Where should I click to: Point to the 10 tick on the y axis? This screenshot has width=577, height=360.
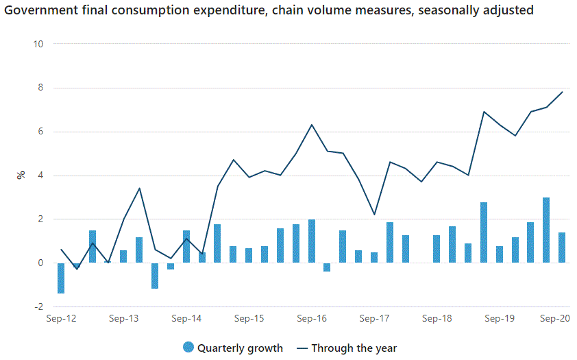pyautogui.click(x=38, y=44)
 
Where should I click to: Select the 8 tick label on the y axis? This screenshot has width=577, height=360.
pyautogui.click(x=40, y=88)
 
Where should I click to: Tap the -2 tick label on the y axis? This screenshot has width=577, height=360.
pyautogui.click(x=38, y=307)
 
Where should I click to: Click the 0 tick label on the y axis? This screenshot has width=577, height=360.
pyautogui.click(x=40, y=263)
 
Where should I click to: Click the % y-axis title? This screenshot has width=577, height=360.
pyautogui.click(x=21, y=175)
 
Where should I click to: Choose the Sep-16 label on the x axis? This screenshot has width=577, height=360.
pyautogui.click(x=312, y=319)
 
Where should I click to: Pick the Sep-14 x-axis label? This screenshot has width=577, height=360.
pyautogui.click(x=186, y=319)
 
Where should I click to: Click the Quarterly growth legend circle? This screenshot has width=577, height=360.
pyautogui.click(x=188, y=348)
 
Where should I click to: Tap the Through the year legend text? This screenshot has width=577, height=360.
pyautogui.click(x=354, y=348)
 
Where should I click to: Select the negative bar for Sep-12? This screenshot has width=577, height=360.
pyautogui.click(x=61, y=278)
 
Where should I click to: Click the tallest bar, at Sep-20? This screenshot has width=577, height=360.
pyautogui.click(x=546, y=230)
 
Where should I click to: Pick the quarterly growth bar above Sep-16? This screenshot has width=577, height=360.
pyautogui.click(x=312, y=241)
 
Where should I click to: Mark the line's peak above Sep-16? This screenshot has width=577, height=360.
pyautogui.click(x=312, y=125)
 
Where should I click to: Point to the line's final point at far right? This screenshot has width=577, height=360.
pyautogui.click(x=563, y=92)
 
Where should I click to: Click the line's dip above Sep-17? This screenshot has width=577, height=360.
pyautogui.click(x=374, y=215)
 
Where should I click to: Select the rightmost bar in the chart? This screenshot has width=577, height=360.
pyautogui.click(x=562, y=248)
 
